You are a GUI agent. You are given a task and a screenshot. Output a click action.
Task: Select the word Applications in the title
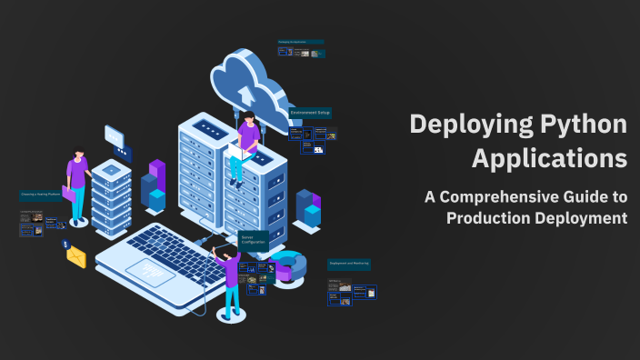point(549,157)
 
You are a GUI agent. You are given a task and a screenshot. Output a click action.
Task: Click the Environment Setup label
point(310,114)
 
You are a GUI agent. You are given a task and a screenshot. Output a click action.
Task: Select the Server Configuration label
point(253,239)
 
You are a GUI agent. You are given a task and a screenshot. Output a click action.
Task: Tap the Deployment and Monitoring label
point(349,265)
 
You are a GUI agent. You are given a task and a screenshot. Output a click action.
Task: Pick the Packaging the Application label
point(292,42)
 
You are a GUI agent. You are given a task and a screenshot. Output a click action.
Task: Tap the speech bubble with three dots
point(115,135)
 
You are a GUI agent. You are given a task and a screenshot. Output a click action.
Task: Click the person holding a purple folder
point(77,186)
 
